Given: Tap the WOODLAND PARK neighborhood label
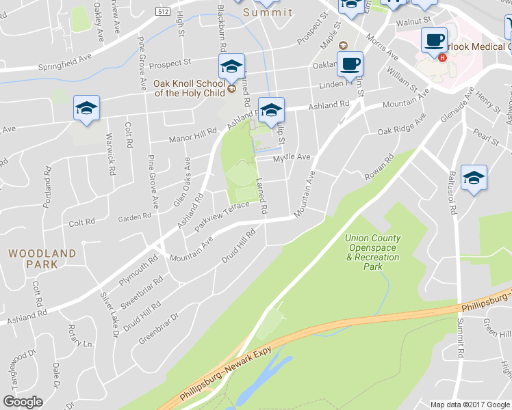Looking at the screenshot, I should click(42, 258).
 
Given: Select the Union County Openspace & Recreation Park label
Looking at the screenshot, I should click(373, 252).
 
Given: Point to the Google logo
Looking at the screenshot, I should click(23, 401).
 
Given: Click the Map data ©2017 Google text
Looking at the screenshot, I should click(470, 405).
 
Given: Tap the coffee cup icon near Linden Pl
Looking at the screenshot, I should click(350, 65).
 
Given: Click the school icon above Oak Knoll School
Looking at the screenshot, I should click(231, 67).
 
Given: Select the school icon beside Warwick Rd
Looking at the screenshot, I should click(87, 109).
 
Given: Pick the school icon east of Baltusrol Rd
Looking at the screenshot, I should click(474, 178).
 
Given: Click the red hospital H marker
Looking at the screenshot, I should click(443, 57).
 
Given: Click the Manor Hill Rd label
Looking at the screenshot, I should click(198, 137).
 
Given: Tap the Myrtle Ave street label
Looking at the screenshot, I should click(292, 157).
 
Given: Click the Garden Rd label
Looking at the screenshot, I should click(134, 217).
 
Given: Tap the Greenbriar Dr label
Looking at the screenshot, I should click(158, 327).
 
